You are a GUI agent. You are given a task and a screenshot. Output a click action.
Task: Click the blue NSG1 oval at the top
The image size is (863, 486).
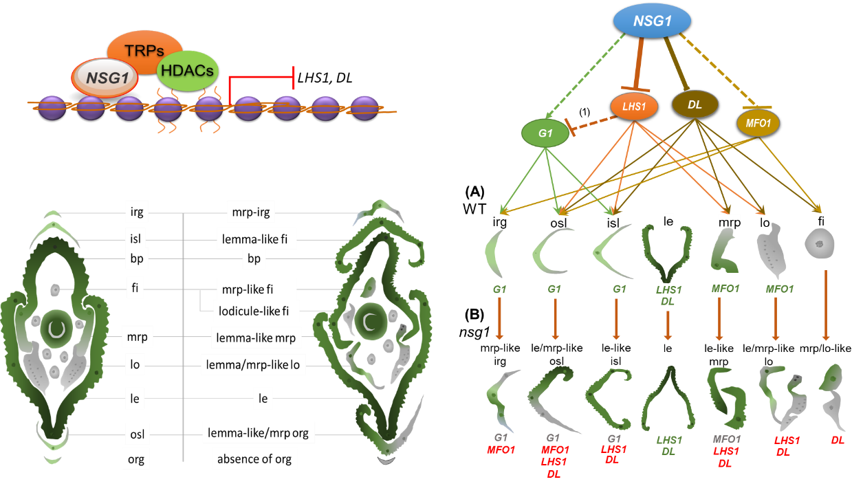pos(652,21)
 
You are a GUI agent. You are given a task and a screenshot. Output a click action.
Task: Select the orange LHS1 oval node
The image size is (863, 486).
pos(634,106)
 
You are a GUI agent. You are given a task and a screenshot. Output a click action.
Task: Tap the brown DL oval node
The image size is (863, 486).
pos(695,104)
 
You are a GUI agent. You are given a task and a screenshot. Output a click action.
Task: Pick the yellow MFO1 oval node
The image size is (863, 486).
pos(758,123)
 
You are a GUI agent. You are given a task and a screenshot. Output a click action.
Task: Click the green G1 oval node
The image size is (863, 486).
pos(545,133)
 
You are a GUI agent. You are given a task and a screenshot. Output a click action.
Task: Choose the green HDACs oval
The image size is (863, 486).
pos(187,70)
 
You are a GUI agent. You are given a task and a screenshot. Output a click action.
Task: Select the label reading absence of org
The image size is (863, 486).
pos(254,459)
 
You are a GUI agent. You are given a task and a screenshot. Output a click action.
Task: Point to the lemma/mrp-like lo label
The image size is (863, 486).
pos(253,364)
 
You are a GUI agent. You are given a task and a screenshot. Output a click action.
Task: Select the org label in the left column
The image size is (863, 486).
pos(136,459)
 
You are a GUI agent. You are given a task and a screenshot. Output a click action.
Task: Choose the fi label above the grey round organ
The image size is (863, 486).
pos(821,221)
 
